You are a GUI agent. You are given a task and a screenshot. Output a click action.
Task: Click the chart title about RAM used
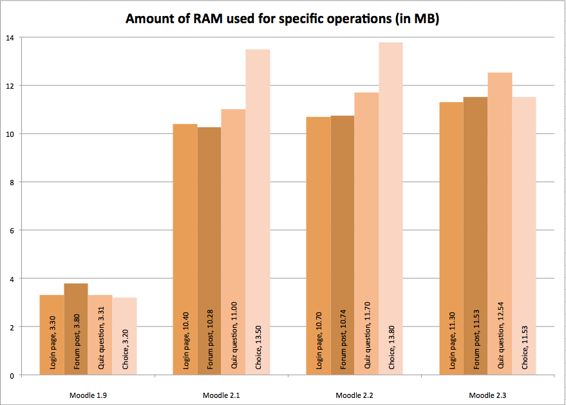point(282,19)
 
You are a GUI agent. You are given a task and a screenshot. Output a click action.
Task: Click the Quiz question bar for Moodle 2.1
point(234,225)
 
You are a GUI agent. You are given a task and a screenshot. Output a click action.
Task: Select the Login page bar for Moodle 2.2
point(319,225)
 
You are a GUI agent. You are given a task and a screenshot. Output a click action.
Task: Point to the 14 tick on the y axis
point(9,37)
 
